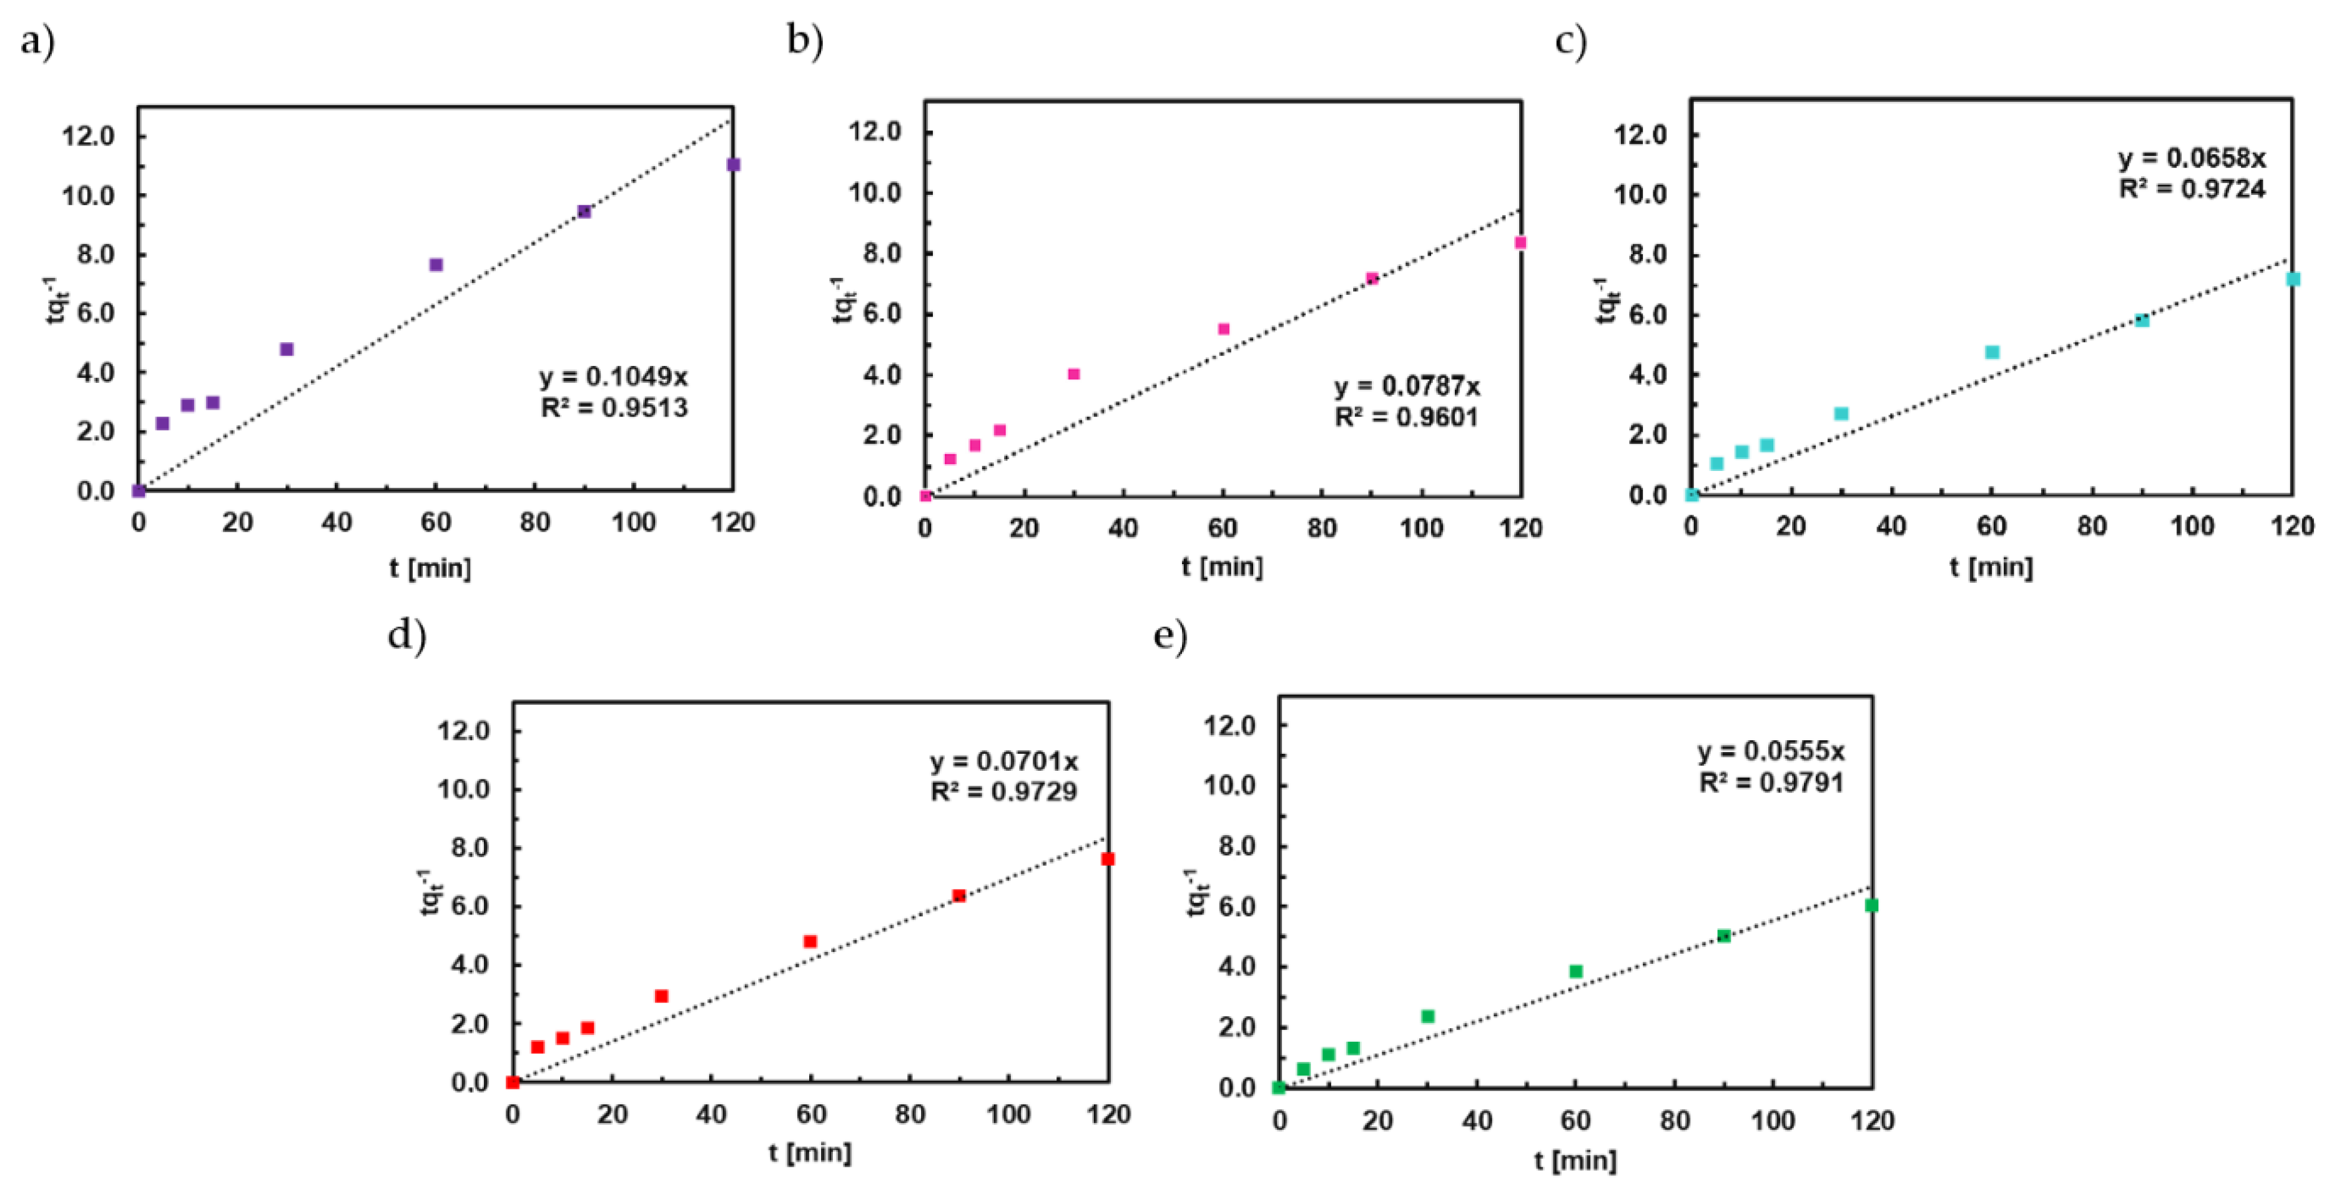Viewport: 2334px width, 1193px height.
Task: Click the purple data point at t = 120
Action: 733,165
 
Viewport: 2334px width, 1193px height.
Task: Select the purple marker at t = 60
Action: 436,265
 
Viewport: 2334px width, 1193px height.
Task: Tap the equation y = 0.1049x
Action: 613,376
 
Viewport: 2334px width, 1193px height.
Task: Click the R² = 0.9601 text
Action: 1406,417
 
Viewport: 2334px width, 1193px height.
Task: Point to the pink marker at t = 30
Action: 1074,374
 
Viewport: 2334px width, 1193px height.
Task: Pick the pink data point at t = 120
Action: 1520,243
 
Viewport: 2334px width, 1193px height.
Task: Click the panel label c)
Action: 1570,42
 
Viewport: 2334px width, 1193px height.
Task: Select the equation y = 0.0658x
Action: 2191,159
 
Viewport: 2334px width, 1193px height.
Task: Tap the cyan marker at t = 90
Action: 2142,320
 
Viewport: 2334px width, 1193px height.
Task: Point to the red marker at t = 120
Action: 1107,858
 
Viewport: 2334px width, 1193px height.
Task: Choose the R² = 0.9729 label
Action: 1004,791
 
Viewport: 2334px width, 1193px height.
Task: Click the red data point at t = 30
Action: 661,996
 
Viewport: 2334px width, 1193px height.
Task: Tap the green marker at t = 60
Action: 1575,971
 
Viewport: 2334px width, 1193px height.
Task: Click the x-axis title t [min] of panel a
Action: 430,568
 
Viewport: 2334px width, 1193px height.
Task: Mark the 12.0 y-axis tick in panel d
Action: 463,731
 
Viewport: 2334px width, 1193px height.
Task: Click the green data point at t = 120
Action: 1871,904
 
